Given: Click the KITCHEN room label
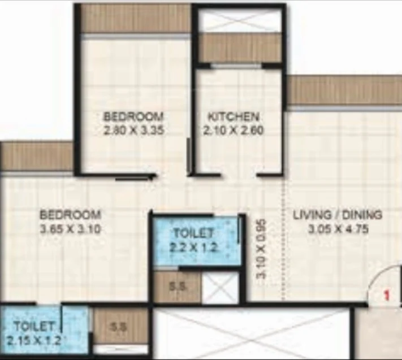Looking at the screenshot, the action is point(233,117).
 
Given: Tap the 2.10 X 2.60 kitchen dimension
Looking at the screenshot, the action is point(233,130).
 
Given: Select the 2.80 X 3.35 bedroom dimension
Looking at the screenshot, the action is point(133,130).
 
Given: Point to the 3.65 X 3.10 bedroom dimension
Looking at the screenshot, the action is point(70,229).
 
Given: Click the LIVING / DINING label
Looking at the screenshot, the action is point(338,215).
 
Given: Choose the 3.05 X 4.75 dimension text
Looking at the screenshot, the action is point(338,229).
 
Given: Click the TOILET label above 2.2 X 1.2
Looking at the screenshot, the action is point(193,233).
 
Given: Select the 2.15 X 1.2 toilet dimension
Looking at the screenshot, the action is point(34,341).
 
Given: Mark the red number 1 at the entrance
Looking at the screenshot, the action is point(387,295).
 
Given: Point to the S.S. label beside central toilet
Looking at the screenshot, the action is point(177,287).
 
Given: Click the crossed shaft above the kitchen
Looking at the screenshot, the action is point(238,20).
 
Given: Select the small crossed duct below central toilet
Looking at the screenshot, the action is point(220,287).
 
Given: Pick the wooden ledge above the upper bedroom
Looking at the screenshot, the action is point(136,19).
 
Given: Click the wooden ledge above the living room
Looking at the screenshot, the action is point(344,90).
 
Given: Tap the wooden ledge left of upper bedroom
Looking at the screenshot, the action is point(37,157).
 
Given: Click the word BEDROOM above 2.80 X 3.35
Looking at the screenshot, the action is point(133,117).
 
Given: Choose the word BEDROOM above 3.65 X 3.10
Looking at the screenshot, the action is point(71,215).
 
